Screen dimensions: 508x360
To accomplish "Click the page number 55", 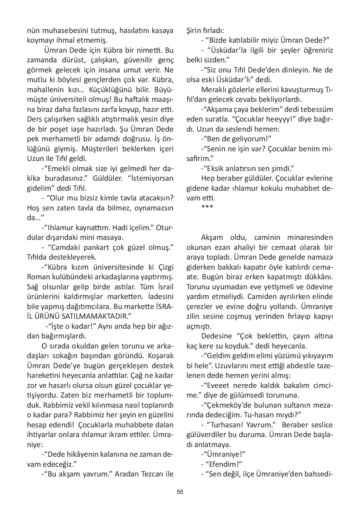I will (180, 492).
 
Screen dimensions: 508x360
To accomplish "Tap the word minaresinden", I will (310, 238).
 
